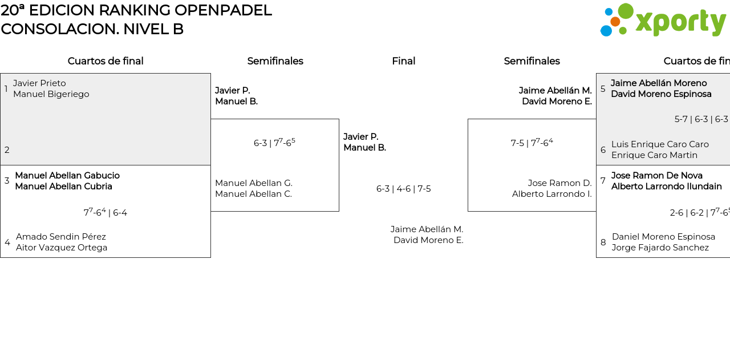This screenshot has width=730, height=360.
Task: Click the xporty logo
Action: (x=663, y=21)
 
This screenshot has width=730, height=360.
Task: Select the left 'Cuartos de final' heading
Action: (x=106, y=61)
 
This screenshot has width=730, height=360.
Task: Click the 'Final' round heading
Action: (x=403, y=61)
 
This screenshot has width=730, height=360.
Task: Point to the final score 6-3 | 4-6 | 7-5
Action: (x=403, y=189)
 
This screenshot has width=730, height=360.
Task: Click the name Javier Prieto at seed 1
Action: (x=39, y=83)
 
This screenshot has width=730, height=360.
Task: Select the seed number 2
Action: (x=7, y=150)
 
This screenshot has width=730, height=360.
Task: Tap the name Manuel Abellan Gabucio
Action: (x=67, y=176)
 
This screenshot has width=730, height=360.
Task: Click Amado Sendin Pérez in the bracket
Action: (x=61, y=237)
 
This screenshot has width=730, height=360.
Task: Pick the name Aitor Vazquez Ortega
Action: (x=62, y=248)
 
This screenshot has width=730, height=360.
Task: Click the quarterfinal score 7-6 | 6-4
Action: (x=106, y=213)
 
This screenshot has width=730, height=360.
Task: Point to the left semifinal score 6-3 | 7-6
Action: (x=274, y=143)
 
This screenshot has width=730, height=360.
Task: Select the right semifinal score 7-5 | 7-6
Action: (x=532, y=143)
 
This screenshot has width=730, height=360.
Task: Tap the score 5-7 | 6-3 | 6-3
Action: (x=701, y=119)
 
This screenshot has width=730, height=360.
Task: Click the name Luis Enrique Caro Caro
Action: (x=660, y=144)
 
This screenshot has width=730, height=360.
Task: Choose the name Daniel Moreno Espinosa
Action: (x=663, y=237)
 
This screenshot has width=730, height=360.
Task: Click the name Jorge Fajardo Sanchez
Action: (x=660, y=248)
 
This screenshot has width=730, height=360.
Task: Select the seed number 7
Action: (x=603, y=181)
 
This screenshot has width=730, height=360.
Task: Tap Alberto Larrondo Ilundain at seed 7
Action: (x=667, y=187)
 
